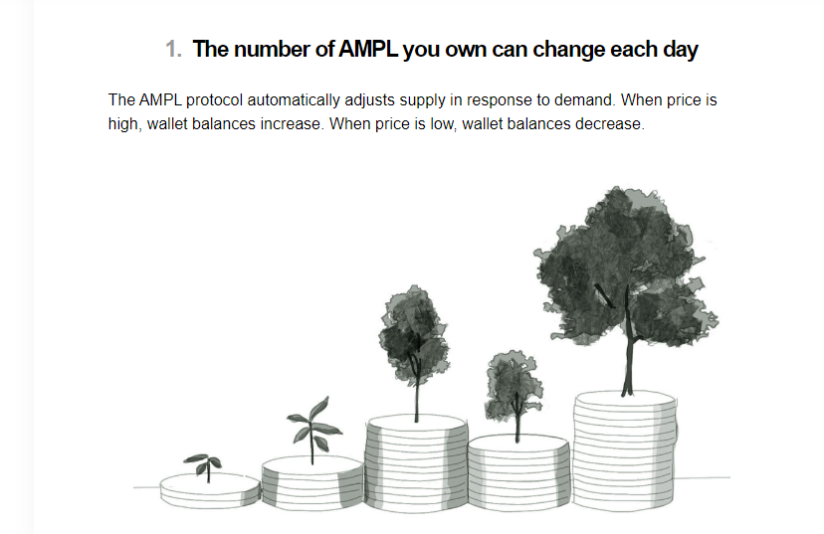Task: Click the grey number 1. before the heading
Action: click(173, 50)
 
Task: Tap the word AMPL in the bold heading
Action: click(368, 50)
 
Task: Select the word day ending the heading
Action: click(681, 51)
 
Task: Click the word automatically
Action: click(294, 100)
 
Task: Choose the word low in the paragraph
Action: click(443, 124)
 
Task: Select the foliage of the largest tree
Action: click(625, 267)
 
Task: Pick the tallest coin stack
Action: click(624, 450)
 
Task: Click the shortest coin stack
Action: click(210, 490)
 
